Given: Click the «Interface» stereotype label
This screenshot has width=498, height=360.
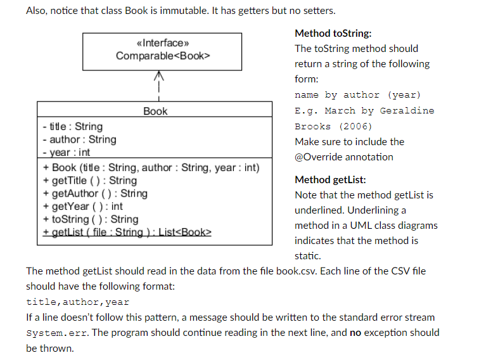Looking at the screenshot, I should pyautogui.click(x=163, y=43).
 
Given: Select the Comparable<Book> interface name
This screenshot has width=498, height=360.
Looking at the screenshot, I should pyautogui.click(x=163, y=56).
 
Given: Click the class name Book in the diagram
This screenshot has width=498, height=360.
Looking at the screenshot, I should pyautogui.click(x=155, y=111).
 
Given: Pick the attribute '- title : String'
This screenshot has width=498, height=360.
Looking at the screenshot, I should pyautogui.click(x=72, y=127).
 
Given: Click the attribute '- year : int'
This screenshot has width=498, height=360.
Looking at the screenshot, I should pyautogui.click(x=67, y=153).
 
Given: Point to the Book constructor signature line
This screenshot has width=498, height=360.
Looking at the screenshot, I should pyautogui.click(x=151, y=168).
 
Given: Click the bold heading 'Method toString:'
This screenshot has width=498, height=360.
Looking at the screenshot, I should pyautogui.click(x=333, y=33).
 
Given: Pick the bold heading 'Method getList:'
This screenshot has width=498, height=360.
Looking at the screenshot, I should pyautogui.click(x=330, y=179).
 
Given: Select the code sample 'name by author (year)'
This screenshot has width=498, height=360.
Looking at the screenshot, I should pyautogui.click(x=357, y=95).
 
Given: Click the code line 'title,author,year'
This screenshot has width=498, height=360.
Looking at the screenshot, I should pyautogui.click(x=77, y=302).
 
